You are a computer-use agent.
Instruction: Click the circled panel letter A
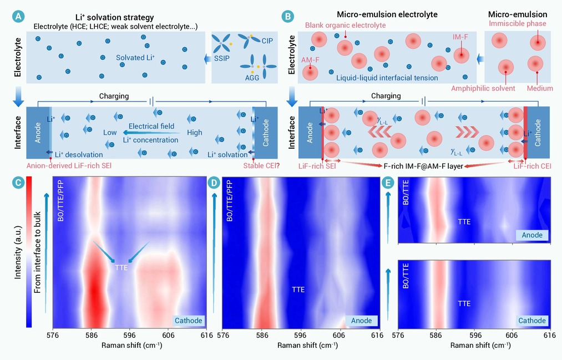point(18,17)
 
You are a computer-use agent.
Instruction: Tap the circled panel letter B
point(287,17)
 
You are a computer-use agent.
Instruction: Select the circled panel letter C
point(18,182)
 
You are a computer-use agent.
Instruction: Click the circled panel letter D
point(214,183)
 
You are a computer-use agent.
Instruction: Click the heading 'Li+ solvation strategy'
point(115,17)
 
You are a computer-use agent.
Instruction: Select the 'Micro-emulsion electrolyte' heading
point(387,14)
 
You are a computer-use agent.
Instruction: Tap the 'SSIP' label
point(221,58)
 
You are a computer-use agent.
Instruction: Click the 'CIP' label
point(267,41)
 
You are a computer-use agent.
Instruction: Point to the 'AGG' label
point(252,78)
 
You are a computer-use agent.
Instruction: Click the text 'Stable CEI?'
point(261,165)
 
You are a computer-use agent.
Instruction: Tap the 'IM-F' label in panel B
point(460,37)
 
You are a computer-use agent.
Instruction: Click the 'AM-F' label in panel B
point(310,60)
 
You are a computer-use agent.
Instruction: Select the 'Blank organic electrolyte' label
point(346,25)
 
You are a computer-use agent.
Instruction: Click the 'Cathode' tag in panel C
point(189,321)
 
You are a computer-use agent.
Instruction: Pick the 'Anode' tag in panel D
point(361,321)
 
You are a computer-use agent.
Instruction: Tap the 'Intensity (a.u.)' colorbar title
point(18,252)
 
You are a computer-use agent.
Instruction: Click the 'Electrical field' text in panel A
point(151,126)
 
